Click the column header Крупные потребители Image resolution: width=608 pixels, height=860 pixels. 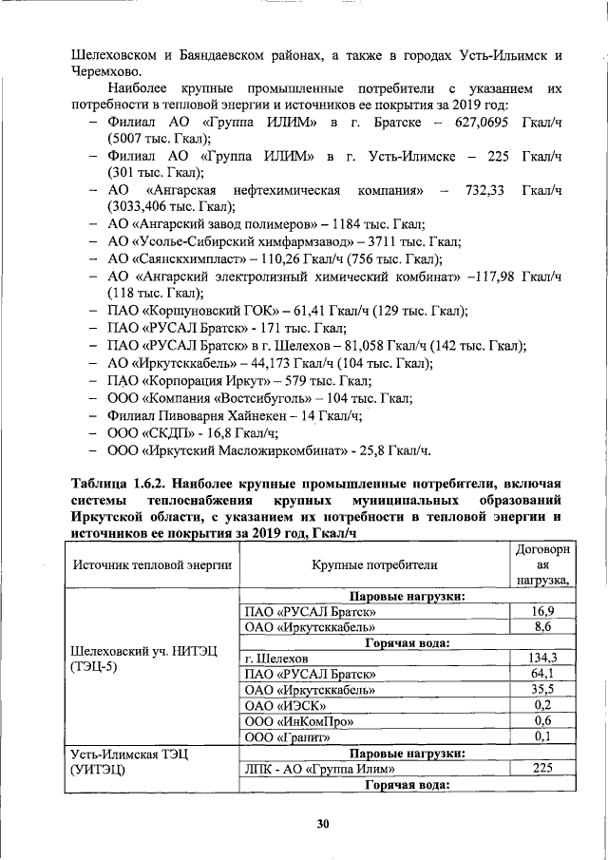374,564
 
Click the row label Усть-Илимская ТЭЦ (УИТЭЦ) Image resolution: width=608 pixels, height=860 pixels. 129,760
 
